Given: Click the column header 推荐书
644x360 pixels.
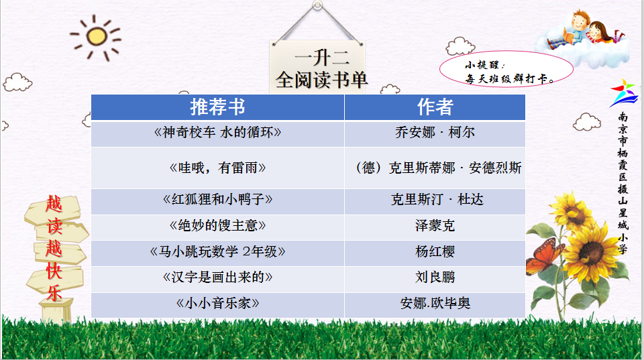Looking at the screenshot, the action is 217,107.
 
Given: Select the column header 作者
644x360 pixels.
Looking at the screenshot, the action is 435,107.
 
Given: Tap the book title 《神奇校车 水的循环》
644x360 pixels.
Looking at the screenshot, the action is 217,132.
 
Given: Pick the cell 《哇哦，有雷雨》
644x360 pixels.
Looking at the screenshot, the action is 217,168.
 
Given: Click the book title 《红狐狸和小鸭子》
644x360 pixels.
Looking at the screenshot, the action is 217,200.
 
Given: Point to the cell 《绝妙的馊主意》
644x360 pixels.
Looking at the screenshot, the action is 217,225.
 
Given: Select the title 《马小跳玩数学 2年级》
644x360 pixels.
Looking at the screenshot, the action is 217,251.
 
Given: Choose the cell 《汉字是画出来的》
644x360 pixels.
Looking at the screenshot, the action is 217,277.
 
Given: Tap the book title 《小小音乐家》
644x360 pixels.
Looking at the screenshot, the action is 217,304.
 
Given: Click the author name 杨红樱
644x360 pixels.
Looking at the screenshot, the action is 435,251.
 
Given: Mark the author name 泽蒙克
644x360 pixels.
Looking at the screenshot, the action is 435,225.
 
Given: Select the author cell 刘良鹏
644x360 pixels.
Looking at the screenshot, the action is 435,277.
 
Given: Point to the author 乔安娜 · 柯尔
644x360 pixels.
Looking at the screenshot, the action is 435,132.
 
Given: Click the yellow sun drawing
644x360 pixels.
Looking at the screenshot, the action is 97,36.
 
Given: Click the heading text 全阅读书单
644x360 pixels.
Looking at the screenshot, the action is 321,80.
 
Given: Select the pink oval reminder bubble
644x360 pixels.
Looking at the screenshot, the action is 506,70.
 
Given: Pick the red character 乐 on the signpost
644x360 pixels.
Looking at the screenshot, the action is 54,293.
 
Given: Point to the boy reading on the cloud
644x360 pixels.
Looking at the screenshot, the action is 574,29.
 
